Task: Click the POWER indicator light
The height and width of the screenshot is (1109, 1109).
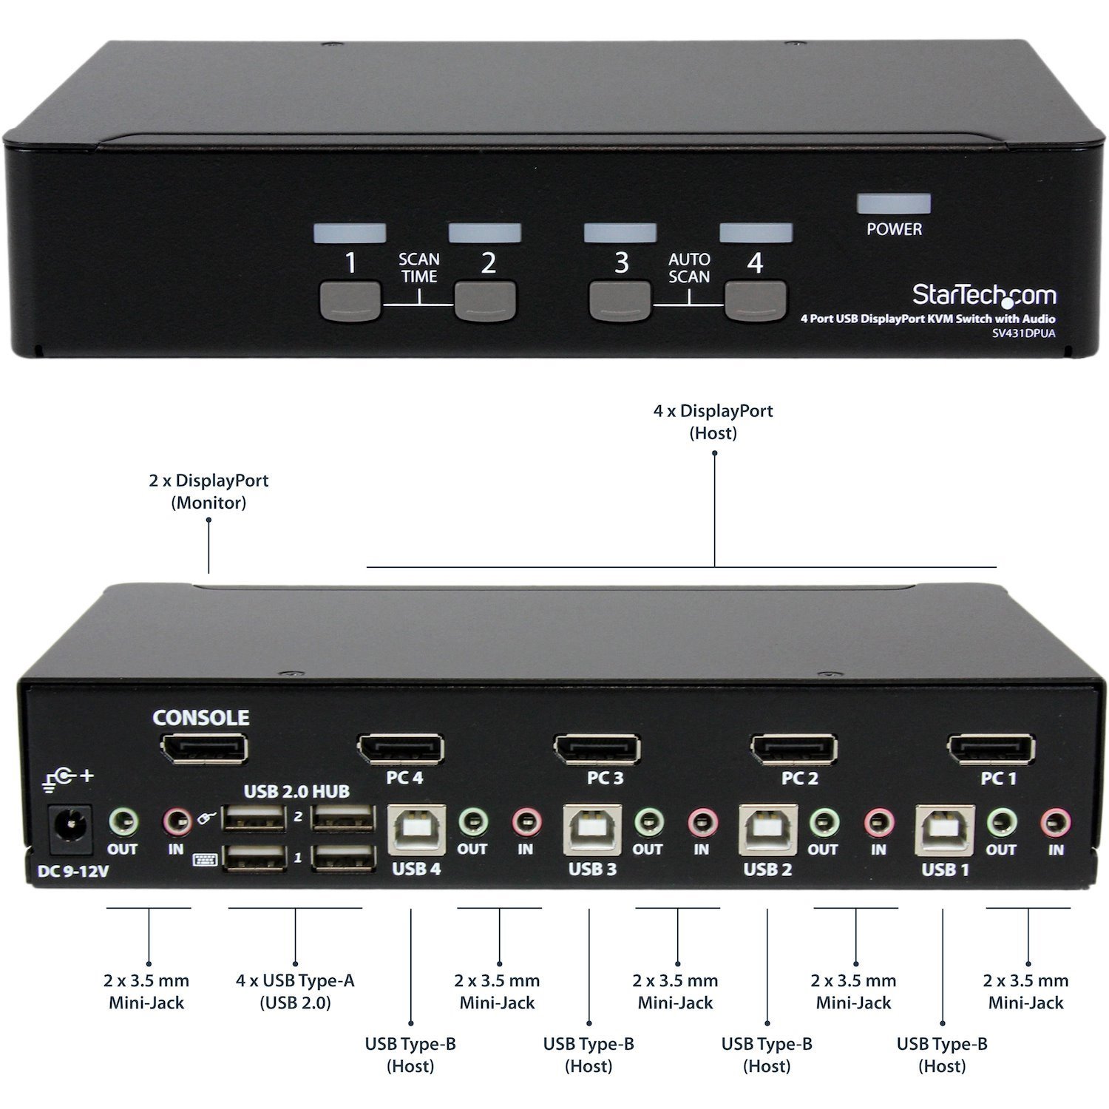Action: (x=893, y=204)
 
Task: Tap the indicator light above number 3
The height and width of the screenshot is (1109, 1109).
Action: (x=620, y=233)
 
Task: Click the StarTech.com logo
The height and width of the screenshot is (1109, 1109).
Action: (x=983, y=295)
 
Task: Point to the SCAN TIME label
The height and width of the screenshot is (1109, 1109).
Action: (x=419, y=268)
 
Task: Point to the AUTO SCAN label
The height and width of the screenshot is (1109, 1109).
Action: (x=689, y=268)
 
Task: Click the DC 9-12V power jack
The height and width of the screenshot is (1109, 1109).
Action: (x=71, y=825)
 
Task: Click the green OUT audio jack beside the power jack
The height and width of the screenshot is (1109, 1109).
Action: (x=123, y=821)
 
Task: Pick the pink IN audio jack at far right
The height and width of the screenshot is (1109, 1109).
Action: (x=1055, y=821)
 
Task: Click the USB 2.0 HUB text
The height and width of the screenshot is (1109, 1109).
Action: (x=296, y=792)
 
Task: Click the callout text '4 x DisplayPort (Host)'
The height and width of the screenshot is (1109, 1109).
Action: (x=713, y=421)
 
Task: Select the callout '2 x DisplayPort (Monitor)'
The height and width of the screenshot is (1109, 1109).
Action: (x=208, y=492)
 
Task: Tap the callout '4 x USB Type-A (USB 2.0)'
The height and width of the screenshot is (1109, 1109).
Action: (x=295, y=991)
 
